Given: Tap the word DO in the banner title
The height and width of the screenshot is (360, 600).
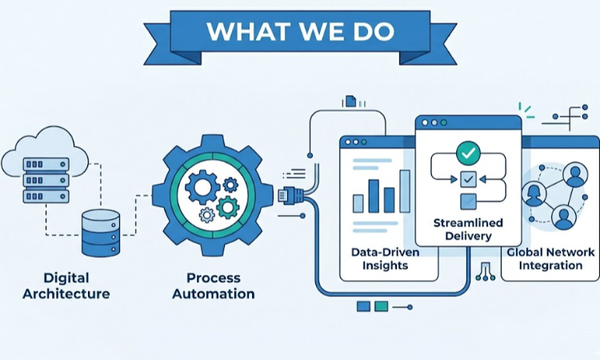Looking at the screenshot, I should tap(374, 31).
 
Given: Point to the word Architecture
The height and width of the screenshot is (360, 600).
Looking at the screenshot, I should tap(66, 294).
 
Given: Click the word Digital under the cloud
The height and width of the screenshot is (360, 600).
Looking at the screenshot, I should tap(66, 278).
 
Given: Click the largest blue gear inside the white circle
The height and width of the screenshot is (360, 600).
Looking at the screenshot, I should tap(202, 186).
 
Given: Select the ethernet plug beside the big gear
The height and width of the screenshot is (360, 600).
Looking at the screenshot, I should tap(288, 194).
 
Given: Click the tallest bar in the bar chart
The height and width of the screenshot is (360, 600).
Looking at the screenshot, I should tap(405, 190).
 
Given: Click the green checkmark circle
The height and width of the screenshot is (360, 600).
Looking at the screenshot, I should tap(466, 152).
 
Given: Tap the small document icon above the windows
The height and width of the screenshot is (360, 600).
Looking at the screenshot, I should tap(350, 101).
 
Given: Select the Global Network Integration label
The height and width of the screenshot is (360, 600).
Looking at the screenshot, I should tap(551, 258).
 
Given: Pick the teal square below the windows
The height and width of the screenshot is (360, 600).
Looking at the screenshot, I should tap(382, 306).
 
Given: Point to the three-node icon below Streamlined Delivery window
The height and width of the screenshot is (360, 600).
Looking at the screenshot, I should tap(485, 274).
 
